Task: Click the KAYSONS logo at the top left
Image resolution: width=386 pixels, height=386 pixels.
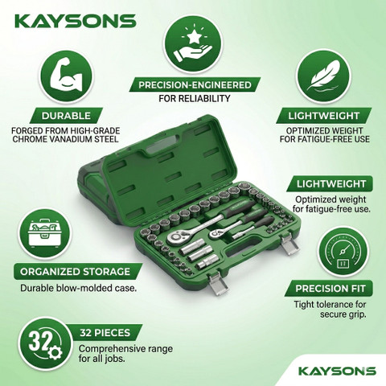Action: click(75, 21)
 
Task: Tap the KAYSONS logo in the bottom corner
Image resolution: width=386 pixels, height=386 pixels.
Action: click(337, 371)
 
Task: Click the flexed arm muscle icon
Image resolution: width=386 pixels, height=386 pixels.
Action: click(66, 77)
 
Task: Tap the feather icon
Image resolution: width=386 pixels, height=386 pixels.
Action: click(323, 76)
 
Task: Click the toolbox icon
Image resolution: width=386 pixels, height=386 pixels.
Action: click(44, 233)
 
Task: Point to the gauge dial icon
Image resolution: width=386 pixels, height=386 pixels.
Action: click(343, 253)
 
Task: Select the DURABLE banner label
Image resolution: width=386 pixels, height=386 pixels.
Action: click(66, 116)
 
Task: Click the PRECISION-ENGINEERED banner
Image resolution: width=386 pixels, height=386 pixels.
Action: click(195, 85)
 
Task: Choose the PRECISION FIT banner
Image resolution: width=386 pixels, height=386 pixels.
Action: click(330, 289)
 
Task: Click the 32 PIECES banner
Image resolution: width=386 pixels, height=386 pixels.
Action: click(105, 333)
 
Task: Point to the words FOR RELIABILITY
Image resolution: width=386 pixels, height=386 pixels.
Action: click(195, 98)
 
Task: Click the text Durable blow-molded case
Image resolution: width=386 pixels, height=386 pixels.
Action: click(79, 288)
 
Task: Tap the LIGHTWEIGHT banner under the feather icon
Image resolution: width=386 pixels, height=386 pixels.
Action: click(323, 116)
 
